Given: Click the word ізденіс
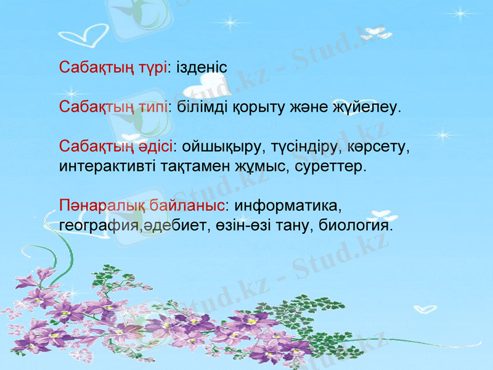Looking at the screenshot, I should pos(202,67).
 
